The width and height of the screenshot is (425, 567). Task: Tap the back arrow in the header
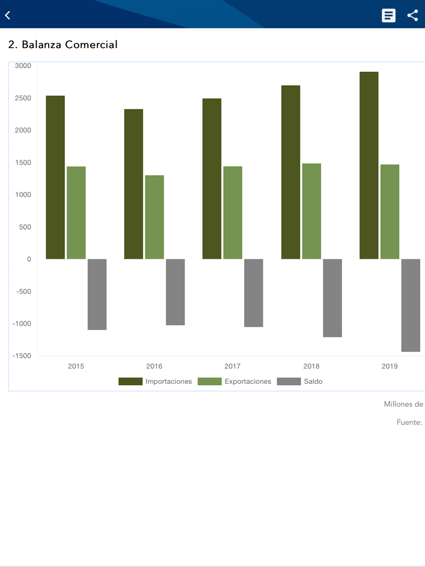tap(8, 15)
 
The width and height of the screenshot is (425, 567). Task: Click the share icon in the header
tap(412, 15)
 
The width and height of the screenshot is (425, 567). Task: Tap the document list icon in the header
tap(388, 15)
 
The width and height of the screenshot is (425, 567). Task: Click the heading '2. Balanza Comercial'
tap(63, 45)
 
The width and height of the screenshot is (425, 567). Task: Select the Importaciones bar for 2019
tap(369, 165)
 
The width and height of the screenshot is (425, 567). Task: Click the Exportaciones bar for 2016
tap(154, 217)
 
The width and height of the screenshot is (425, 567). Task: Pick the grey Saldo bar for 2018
tap(332, 298)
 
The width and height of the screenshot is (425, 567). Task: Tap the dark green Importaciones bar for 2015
tap(55, 177)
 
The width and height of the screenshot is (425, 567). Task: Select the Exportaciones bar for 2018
tap(312, 211)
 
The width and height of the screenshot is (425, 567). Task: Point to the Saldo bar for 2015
tap(97, 294)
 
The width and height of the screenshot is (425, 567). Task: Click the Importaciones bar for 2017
tap(212, 179)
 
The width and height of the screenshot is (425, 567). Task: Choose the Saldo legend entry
tap(300, 381)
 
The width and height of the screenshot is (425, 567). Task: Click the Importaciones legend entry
tap(156, 381)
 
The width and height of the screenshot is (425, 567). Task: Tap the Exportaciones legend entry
tap(235, 381)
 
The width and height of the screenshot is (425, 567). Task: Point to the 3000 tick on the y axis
tap(23, 65)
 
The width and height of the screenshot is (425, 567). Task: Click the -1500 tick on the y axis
tap(22, 356)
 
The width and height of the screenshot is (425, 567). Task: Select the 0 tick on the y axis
tap(29, 259)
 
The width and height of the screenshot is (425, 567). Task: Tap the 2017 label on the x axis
tap(232, 366)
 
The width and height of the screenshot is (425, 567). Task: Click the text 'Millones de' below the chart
tap(403, 404)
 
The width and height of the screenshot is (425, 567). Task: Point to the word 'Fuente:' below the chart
tap(409, 422)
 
